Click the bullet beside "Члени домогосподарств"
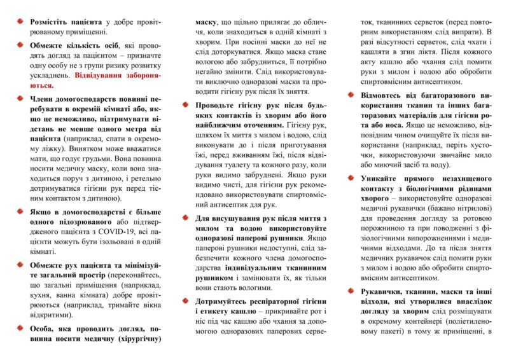click(x=19, y=99)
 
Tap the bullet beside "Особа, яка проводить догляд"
click(x=19, y=328)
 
